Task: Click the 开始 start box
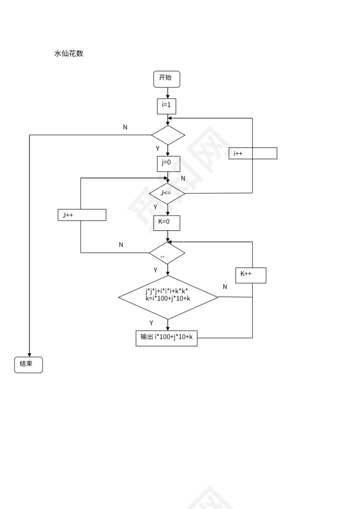(167, 79)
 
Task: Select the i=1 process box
(167, 106)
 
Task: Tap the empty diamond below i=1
(168, 135)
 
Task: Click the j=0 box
(168, 163)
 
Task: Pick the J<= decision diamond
(167, 193)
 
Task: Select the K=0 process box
(167, 223)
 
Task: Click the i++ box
(253, 153)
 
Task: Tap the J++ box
(82, 215)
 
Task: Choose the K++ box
(250, 275)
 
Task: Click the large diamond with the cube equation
(168, 297)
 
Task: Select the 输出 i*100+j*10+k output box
(167, 338)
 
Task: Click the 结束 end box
(29, 365)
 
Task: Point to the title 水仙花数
(69, 54)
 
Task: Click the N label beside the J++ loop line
(121, 245)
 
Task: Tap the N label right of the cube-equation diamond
(225, 287)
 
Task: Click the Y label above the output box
(151, 323)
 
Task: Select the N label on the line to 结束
(125, 127)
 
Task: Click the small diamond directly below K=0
(167, 253)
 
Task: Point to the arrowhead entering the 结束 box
(29, 354)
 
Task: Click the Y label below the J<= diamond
(155, 207)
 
